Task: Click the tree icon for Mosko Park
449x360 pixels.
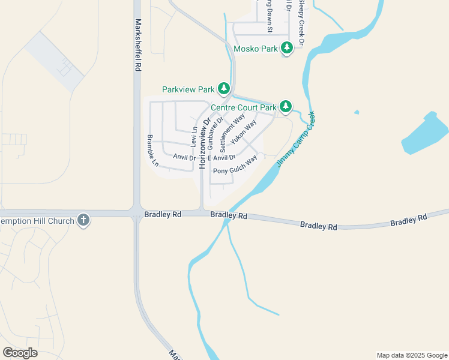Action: [287, 48]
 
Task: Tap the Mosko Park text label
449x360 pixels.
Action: [255, 49]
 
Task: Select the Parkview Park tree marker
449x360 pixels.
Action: [224, 89]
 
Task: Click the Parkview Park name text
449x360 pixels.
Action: [188, 89]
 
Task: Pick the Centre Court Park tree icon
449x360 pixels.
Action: [286, 107]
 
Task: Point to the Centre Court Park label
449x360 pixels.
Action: [243, 108]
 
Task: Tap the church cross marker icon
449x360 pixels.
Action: [83, 221]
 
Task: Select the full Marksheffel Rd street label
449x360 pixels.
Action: [138, 45]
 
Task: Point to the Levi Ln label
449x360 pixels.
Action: [194, 137]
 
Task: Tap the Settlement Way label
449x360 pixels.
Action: [232, 133]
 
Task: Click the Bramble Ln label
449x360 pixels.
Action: [152, 150]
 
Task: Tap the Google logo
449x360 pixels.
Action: [20, 353]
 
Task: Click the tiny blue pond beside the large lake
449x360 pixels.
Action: [357, 112]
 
